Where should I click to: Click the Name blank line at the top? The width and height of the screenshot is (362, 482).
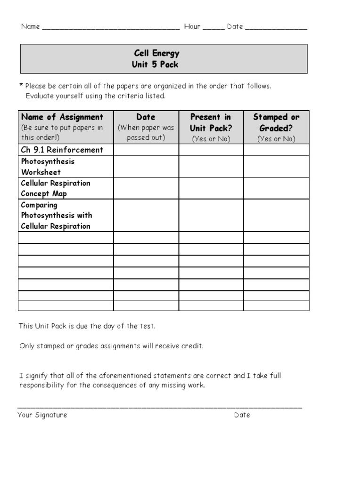[111, 28]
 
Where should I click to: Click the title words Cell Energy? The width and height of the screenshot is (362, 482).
[156, 53]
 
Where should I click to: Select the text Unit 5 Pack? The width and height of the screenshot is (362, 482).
[155, 64]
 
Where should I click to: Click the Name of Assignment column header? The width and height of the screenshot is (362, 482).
[62, 117]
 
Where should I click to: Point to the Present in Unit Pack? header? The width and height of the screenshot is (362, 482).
[210, 122]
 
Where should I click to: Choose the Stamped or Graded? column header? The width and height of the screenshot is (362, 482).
[276, 122]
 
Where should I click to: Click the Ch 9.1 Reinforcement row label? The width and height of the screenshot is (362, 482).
[62, 150]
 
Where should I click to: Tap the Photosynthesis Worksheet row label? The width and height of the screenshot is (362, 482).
[48, 167]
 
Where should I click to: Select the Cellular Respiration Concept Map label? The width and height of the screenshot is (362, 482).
[56, 188]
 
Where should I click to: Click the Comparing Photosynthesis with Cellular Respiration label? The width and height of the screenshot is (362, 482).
[56, 216]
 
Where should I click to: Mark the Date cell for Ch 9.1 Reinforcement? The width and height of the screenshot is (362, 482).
[146, 150]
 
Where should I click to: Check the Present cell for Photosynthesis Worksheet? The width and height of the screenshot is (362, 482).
[211, 167]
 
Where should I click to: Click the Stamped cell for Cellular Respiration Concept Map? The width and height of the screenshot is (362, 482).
[276, 188]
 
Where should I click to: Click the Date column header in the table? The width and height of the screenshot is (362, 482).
[146, 117]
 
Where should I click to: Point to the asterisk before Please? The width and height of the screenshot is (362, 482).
[21, 86]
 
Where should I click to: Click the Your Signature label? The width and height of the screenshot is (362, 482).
[42, 415]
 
